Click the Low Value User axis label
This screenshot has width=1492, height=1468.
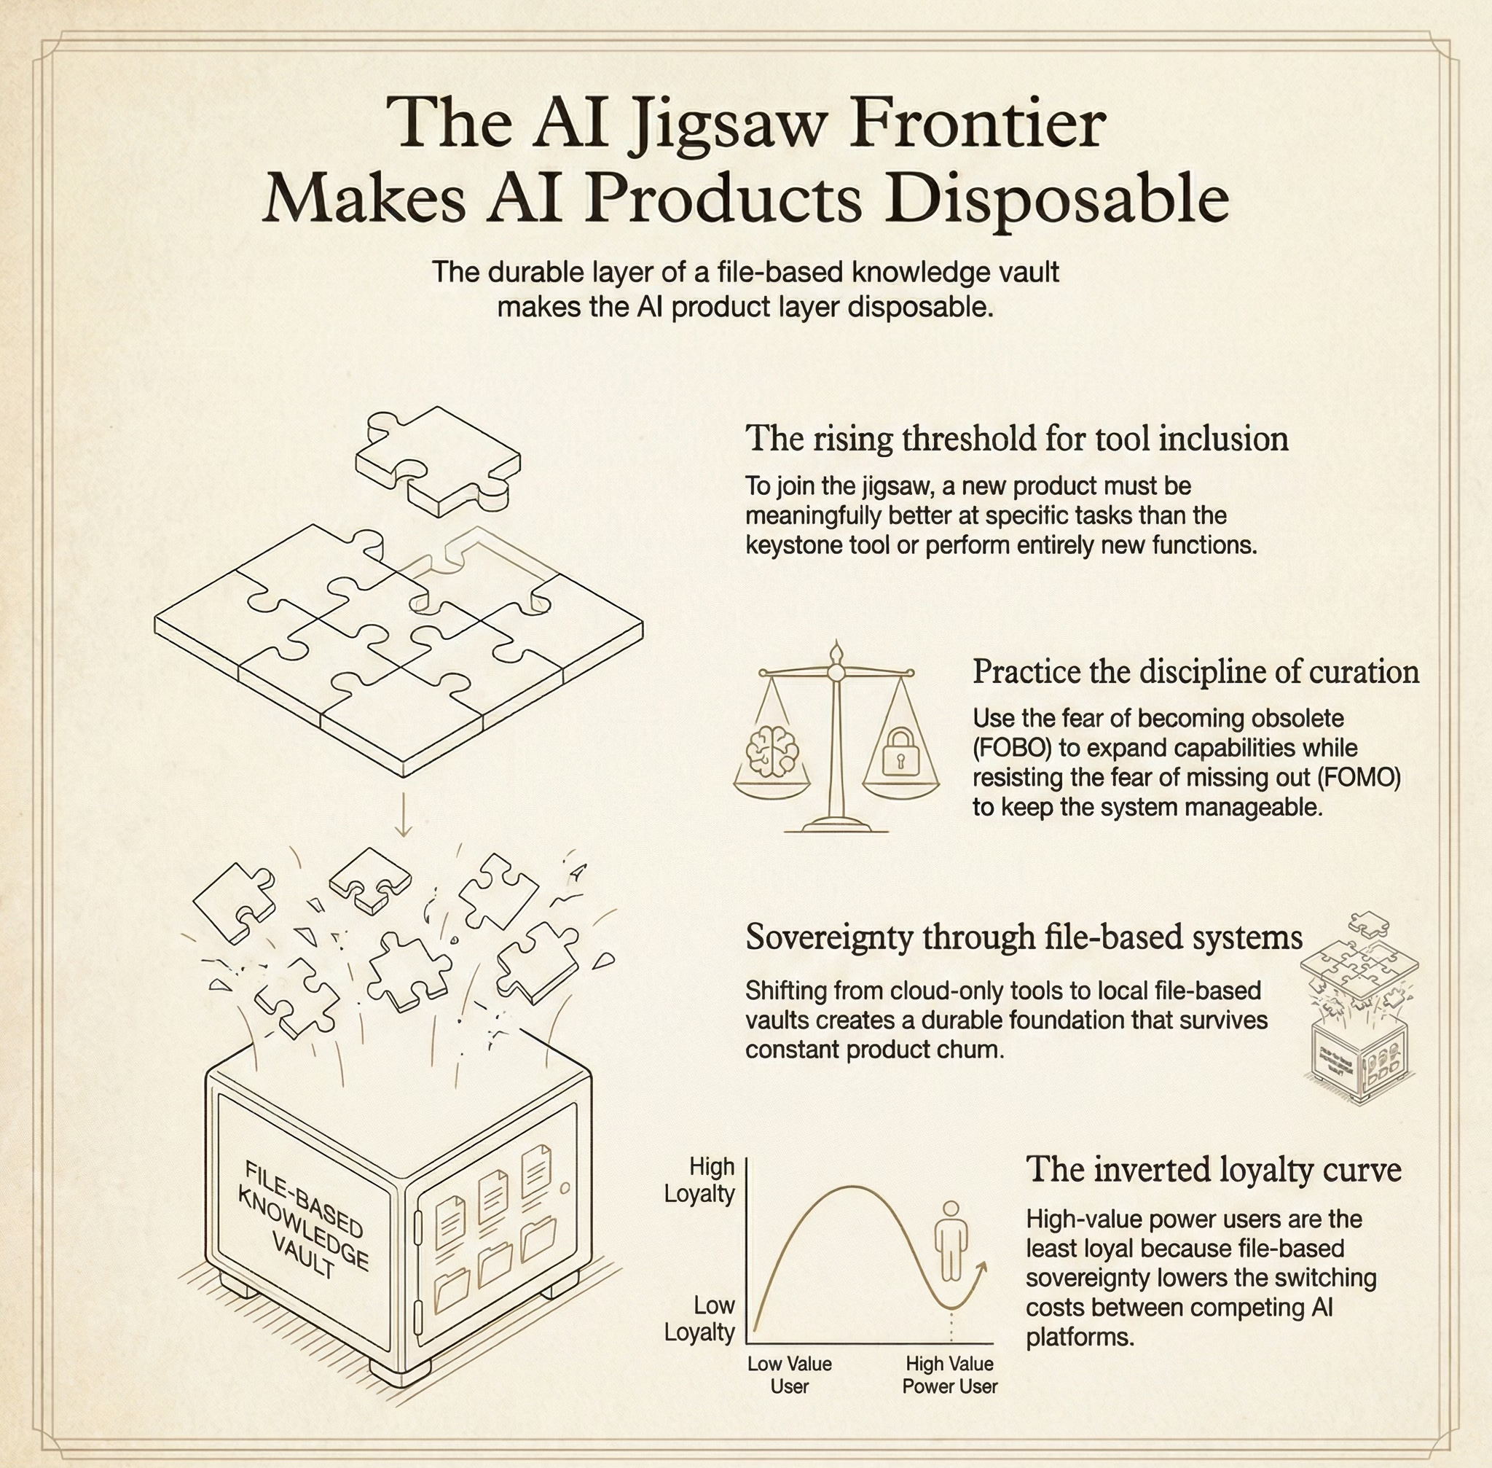(x=789, y=1375)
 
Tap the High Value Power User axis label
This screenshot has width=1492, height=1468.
(x=949, y=1375)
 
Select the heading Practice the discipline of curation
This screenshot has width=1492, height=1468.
(x=1195, y=671)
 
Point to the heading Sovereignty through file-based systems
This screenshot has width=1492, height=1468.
(x=1024, y=937)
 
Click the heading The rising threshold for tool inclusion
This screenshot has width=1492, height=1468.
(x=1016, y=438)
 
